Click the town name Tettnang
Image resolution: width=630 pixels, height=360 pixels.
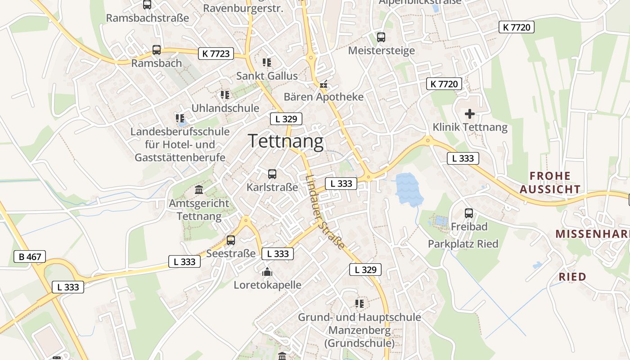[x=286, y=141]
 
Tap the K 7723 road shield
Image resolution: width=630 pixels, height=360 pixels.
[x=216, y=54]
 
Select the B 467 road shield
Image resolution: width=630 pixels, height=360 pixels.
[x=30, y=257]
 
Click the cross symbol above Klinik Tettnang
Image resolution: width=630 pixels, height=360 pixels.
[x=470, y=114]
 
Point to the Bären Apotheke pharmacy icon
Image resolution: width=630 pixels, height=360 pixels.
[x=323, y=84]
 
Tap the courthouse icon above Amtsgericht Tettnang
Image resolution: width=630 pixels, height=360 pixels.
[x=199, y=190]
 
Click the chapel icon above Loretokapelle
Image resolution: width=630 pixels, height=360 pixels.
[x=267, y=272]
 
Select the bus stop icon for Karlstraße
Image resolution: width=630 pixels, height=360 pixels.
[x=272, y=174]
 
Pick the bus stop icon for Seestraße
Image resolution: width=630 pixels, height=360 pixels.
[x=231, y=240]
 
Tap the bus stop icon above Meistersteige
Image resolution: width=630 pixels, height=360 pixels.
[x=381, y=37]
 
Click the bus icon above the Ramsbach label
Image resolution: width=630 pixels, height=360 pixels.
[x=157, y=50]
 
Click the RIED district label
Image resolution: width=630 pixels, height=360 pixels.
[x=572, y=276]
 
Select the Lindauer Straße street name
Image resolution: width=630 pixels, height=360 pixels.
[x=324, y=211]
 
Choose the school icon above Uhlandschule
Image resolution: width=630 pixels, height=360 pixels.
[x=225, y=95]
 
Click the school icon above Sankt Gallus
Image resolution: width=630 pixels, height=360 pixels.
[x=267, y=62]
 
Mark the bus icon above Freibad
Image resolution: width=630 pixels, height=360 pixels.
[x=469, y=213]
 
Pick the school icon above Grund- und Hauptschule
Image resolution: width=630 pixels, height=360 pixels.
[x=359, y=304]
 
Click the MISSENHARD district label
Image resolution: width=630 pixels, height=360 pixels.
[x=592, y=234]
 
